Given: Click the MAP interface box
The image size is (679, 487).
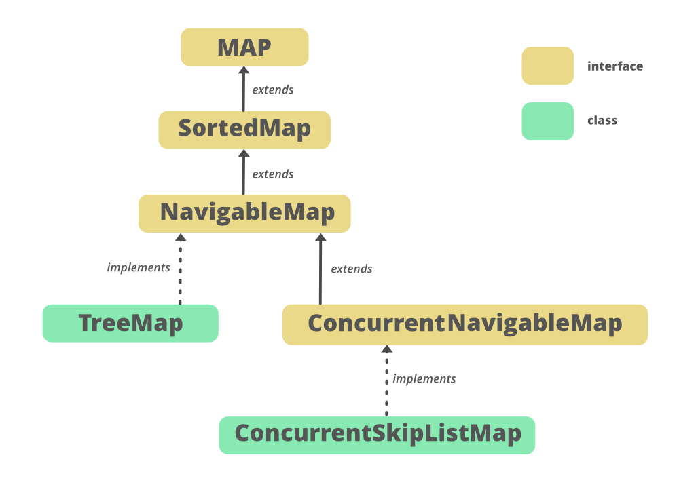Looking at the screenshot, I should click(x=244, y=47).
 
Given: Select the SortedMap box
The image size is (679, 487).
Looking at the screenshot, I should click(x=244, y=129).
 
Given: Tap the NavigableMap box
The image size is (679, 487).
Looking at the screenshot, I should click(x=244, y=213).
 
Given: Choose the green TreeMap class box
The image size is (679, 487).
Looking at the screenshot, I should click(x=130, y=323).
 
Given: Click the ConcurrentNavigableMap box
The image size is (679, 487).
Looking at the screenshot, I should click(x=465, y=324).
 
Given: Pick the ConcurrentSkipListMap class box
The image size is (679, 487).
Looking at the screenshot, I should click(x=377, y=435).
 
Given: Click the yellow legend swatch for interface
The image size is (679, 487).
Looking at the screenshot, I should click(x=547, y=66).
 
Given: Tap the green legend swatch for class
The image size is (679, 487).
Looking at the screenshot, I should click(x=547, y=121).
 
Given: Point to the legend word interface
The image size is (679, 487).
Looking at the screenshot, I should click(x=614, y=66).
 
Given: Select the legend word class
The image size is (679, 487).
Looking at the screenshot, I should click(x=602, y=121).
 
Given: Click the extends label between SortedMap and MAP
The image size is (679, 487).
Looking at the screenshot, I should click(x=273, y=90).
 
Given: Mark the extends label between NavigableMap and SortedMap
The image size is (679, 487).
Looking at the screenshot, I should click(x=273, y=174).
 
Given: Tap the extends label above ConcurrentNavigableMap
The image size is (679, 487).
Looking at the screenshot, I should click(x=352, y=269).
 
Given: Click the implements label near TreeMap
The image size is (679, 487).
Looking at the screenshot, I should click(x=139, y=268).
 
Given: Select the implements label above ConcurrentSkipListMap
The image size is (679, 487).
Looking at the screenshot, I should click(x=424, y=379).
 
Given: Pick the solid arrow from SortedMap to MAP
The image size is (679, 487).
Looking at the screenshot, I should click(x=244, y=89).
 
